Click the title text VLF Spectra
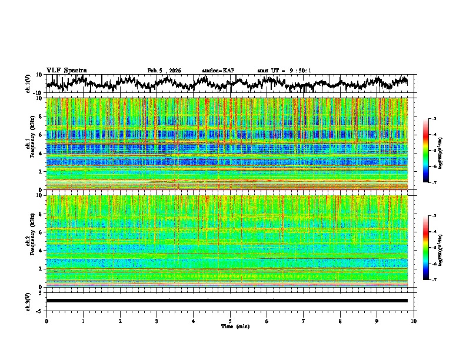coord(66,70)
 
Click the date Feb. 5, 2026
coord(164,71)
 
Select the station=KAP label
coord(218,71)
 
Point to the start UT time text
coord(284,71)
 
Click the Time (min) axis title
coord(235,326)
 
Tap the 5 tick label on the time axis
coord(230,321)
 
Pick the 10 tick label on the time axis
coord(414,321)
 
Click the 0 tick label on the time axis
coord(46,321)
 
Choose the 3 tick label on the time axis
coord(157,321)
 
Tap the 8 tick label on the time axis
coord(340,321)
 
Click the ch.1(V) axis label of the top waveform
coord(29,84)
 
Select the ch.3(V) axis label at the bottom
coord(29,301)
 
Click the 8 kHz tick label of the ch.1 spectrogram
coord(40,116)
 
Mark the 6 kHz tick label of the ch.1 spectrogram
coord(40,135)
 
